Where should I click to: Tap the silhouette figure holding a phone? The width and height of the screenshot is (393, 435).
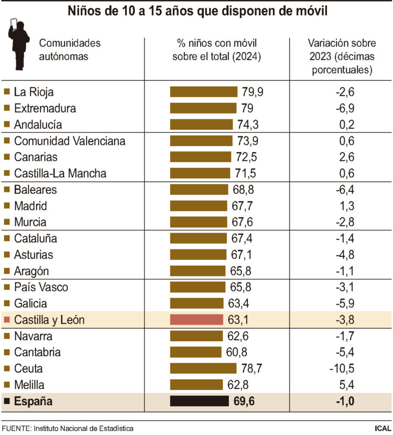coord(19,45)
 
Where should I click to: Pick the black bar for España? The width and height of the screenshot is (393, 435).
coord(200,401)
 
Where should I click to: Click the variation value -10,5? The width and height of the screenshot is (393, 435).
coord(344,368)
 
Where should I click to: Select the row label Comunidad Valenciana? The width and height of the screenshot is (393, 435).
coord(70,141)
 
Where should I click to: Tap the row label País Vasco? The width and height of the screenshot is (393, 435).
coord(41,287)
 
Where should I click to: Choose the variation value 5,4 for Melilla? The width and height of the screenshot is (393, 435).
coord(346,385)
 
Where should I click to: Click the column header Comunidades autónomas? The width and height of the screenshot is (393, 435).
coord(70,49)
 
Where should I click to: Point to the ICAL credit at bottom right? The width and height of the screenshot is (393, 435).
coord(381,428)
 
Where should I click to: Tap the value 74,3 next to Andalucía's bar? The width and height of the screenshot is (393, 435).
coord(248,125)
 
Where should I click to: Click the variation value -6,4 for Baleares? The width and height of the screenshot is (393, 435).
coord(345,190)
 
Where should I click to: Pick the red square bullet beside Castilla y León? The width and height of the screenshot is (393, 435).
coord(7,320)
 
